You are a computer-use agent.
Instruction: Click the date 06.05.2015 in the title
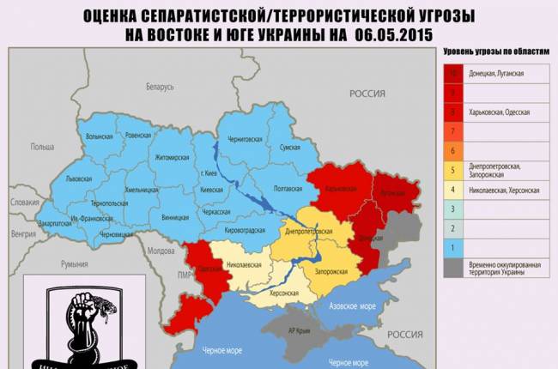pyautogui.click(x=391, y=33)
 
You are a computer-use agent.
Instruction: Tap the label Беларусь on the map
pyautogui.click(x=160, y=88)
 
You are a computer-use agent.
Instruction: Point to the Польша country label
pyautogui.click(x=42, y=147)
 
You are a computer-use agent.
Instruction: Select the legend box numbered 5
pyautogui.click(x=452, y=169)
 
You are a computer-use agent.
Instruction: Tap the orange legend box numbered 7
pyautogui.click(x=452, y=131)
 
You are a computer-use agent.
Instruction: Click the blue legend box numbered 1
pyautogui.click(x=452, y=245)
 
